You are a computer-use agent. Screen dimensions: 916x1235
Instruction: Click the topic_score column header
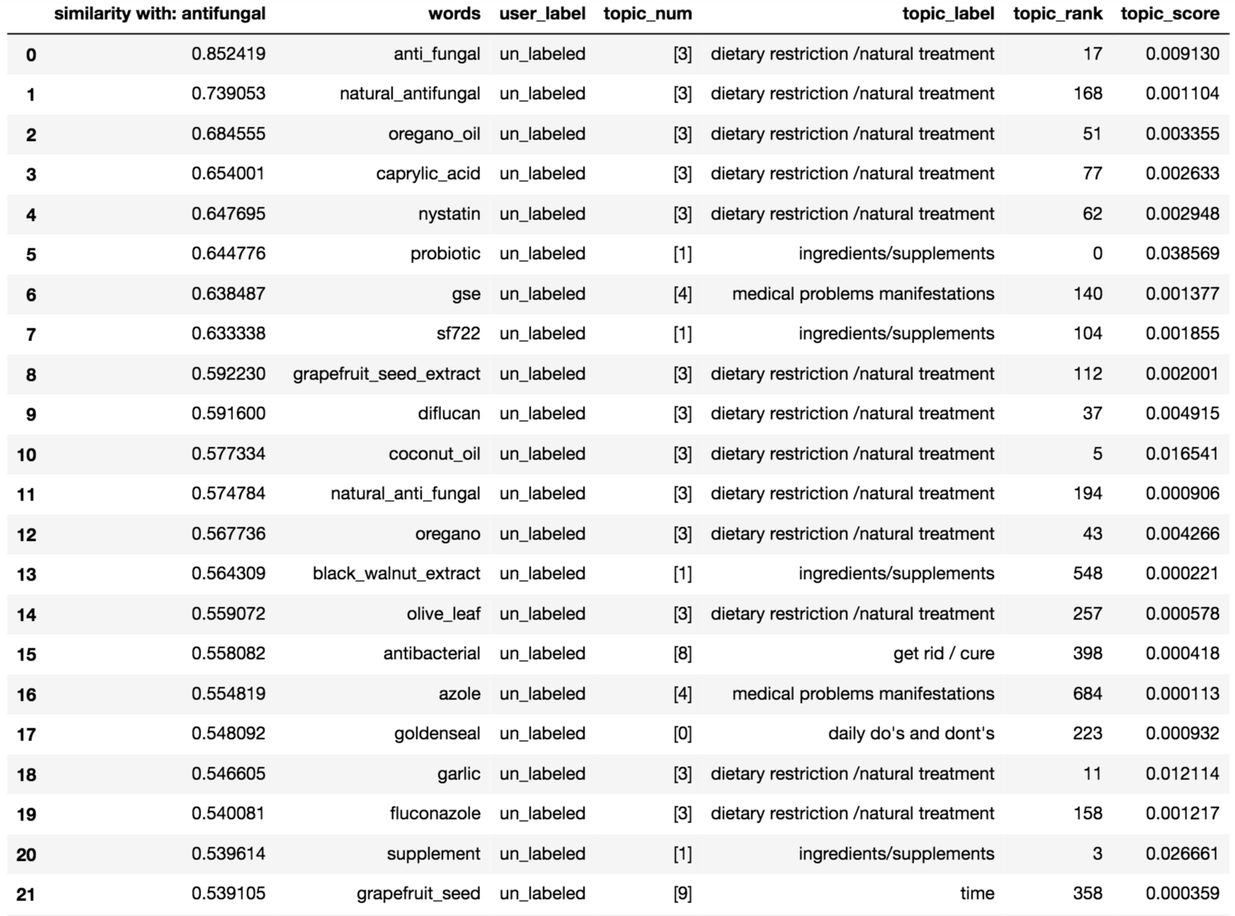pyautogui.click(x=1169, y=13)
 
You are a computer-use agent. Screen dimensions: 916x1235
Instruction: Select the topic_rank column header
pyautogui.click(x=1057, y=13)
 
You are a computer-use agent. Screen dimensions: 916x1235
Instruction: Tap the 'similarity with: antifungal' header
pyautogui.click(x=159, y=13)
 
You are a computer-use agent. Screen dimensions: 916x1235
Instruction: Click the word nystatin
pyautogui.click(x=449, y=214)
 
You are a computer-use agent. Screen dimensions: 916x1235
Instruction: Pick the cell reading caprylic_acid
pyautogui.click(x=428, y=173)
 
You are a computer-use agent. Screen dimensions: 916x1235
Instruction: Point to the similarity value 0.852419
pyautogui.click(x=228, y=54)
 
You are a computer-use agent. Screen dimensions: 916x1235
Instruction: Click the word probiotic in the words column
pyautogui.click(x=445, y=253)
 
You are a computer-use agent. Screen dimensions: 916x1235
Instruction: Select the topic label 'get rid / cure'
pyautogui.click(x=943, y=653)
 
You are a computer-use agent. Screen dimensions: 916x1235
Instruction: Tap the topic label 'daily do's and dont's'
pyautogui.click(x=911, y=733)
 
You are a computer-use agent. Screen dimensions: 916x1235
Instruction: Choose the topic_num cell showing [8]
pyautogui.click(x=682, y=653)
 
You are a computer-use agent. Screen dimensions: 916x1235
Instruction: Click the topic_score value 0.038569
pyautogui.click(x=1182, y=253)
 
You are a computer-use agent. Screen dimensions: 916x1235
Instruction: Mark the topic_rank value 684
pyautogui.click(x=1087, y=694)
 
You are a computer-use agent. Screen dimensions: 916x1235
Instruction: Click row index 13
pyautogui.click(x=26, y=574)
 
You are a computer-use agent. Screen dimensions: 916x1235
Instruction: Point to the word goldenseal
pyautogui.click(x=437, y=733)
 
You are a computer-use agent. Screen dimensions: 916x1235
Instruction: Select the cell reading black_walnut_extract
pyautogui.click(x=396, y=573)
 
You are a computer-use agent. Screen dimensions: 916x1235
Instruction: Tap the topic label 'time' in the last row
pyautogui.click(x=977, y=893)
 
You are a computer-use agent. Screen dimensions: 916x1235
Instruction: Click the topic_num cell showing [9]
pyautogui.click(x=682, y=893)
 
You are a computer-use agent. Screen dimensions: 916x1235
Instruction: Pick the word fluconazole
pyautogui.click(x=435, y=813)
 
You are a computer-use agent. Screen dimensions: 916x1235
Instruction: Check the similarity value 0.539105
pyautogui.click(x=228, y=893)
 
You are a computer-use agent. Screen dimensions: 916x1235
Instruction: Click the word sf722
pyautogui.click(x=458, y=333)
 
